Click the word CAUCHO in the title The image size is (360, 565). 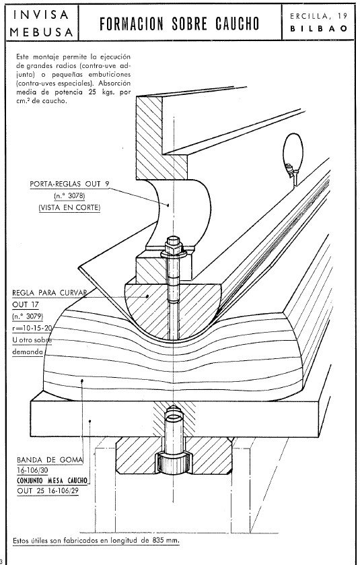coord(238,24)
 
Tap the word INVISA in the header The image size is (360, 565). coord(40,15)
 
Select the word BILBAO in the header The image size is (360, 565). coord(319,28)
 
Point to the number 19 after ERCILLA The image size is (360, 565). coord(343,16)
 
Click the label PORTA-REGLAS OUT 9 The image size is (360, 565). coord(69,184)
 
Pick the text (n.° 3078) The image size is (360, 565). coord(69,196)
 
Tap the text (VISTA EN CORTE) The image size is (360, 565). coord(69,207)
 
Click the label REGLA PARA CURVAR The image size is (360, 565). coord(49,292)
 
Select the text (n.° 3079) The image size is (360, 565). coord(28,317)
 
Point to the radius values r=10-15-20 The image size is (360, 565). coord(32,328)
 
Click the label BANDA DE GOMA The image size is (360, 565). coord(50,460)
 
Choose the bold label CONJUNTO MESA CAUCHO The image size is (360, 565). coord(52,480)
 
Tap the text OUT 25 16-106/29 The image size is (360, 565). coord(48,490)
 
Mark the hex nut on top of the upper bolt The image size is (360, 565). coord(174,245)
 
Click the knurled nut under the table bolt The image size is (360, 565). coord(174,464)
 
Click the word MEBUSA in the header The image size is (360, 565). coord(42,32)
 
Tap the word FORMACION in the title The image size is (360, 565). coord(131,24)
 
